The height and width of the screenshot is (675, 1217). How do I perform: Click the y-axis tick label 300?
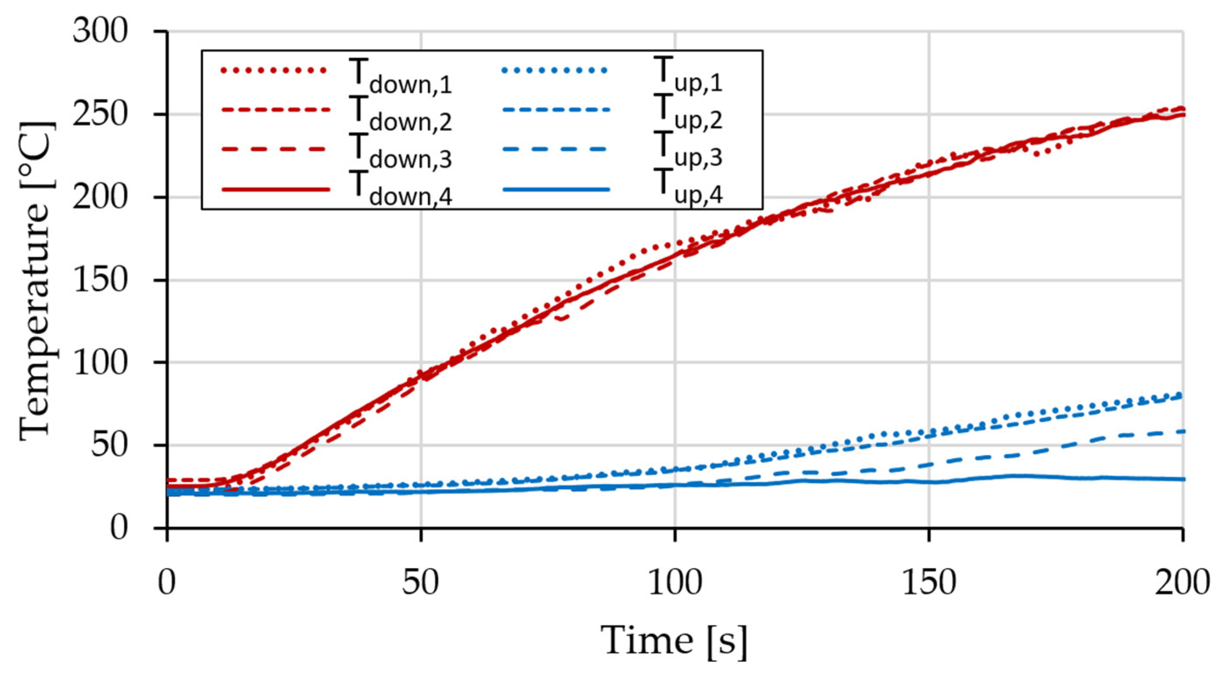click(100, 32)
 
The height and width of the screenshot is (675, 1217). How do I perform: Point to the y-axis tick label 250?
click(100, 115)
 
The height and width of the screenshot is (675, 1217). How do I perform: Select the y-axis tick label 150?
click(100, 280)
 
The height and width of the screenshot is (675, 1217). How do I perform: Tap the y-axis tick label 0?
click(119, 527)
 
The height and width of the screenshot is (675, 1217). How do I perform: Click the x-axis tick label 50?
click(420, 583)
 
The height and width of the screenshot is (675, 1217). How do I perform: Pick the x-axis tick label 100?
click(675, 583)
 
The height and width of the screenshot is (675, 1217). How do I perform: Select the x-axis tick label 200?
click(1181, 583)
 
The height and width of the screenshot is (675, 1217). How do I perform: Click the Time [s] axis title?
click(675, 641)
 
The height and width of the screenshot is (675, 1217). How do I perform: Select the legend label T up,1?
click(687, 76)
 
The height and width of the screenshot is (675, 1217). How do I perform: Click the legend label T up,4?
click(687, 189)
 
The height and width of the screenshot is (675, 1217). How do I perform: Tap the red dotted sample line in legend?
click(274, 71)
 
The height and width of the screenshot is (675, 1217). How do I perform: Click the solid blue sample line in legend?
click(556, 190)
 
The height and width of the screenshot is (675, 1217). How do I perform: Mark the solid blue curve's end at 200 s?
click(1181, 479)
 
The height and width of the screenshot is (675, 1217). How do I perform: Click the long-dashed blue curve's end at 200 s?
click(1181, 431)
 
